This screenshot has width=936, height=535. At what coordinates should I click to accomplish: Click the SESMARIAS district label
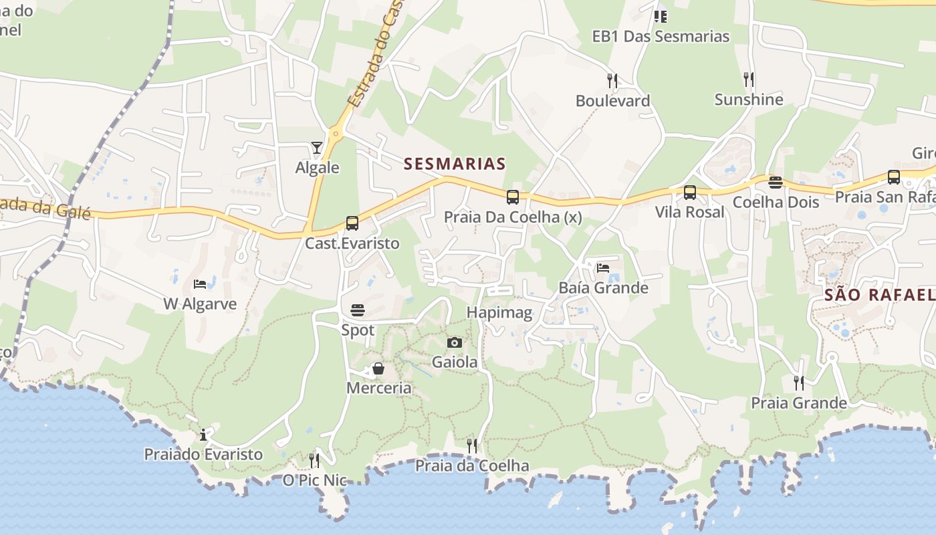tap(455, 164)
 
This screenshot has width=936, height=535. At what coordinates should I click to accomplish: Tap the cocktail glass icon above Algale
tap(317, 148)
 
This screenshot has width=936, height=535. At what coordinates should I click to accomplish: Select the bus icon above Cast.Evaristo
tap(352, 223)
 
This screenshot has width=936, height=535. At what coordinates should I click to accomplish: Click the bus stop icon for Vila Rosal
tap(690, 193)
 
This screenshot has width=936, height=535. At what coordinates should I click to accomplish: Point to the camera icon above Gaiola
tap(455, 343)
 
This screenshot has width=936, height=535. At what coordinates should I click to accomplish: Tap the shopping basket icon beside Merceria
tap(378, 368)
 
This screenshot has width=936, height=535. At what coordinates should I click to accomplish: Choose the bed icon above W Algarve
tap(200, 284)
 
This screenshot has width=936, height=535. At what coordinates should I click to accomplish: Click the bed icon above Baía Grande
tap(603, 268)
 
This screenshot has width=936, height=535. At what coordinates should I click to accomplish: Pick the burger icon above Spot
tap(358, 310)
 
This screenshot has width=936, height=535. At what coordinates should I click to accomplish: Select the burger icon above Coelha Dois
tap(776, 183)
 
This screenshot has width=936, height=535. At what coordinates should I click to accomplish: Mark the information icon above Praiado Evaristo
tap(203, 435)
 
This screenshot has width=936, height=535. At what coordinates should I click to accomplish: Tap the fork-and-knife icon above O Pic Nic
tap(314, 460)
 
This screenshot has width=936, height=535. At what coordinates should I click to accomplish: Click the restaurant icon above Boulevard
tap(612, 81)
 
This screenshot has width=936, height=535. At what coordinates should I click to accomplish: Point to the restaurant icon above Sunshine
tap(749, 80)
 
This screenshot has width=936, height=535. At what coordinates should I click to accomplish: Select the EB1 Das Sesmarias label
tap(661, 36)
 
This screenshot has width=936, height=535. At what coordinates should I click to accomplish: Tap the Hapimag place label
tap(499, 312)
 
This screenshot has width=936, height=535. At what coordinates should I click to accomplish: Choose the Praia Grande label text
tap(799, 403)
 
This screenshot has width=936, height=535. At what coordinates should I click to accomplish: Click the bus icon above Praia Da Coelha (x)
tap(513, 197)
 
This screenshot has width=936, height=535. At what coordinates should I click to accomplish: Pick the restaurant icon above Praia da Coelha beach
tap(472, 445)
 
